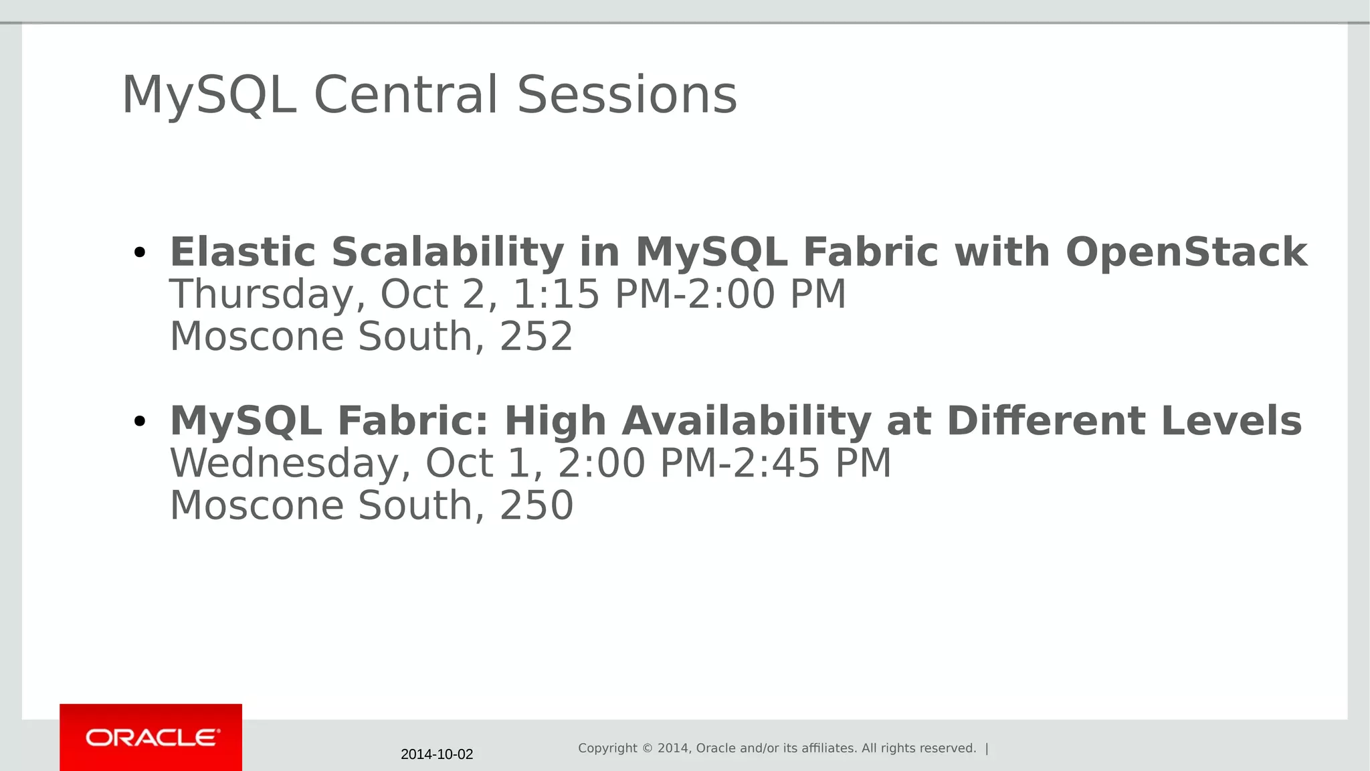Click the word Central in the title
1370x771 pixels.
[x=406, y=94]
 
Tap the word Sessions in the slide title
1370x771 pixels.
[x=627, y=94]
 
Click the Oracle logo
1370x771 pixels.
[x=151, y=738]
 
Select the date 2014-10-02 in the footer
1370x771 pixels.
[x=437, y=754]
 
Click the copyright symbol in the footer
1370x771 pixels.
[x=647, y=748]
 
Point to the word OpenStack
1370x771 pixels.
[x=1186, y=252]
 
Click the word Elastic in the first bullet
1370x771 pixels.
[x=242, y=252]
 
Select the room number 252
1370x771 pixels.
[x=536, y=336]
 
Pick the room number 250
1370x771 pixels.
[x=536, y=505]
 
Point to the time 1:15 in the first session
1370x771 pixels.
[x=556, y=294]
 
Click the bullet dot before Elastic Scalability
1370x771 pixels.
[x=139, y=253]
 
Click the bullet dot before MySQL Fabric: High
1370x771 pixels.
[x=139, y=422]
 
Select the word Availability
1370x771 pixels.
[x=746, y=422]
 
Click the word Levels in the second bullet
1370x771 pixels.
[x=1231, y=421]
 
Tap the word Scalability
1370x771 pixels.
[x=448, y=252]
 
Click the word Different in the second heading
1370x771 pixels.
[x=1046, y=421]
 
